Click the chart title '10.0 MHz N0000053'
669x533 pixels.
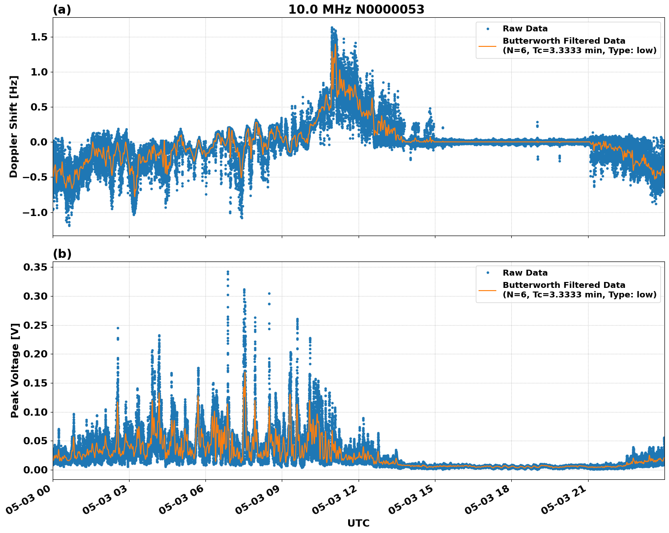pyautogui.click(x=356, y=10)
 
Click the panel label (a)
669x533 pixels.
pyautogui.click(x=62, y=10)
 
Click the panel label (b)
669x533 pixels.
pyautogui.click(x=62, y=254)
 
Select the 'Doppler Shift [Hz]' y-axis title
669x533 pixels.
pyautogui.click(x=14, y=126)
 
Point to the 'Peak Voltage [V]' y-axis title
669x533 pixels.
pyautogui.click(x=15, y=371)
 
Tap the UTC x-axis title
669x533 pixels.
pyautogui.click(x=358, y=523)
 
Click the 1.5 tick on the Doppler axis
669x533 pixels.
pyautogui.click(x=39, y=37)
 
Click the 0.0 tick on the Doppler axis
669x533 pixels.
pyautogui.click(x=39, y=142)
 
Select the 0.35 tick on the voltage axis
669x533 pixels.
pyautogui.click(x=35, y=267)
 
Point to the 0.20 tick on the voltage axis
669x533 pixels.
pyautogui.click(x=35, y=354)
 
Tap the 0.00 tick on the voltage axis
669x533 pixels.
pyautogui.click(x=35, y=470)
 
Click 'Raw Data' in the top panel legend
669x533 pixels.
pyautogui.click(x=525, y=29)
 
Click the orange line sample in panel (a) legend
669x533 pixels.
pyautogui.click(x=488, y=45)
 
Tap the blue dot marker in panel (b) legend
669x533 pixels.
pyautogui.click(x=488, y=273)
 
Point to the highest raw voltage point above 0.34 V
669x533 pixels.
pyautogui.click(x=228, y=272)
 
